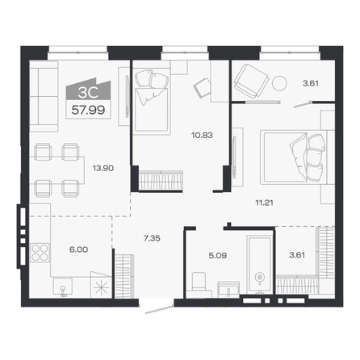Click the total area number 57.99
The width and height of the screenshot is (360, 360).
coord(88,110)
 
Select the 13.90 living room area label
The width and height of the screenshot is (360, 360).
coord(103,169)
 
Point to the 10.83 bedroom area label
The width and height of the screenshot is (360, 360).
coord(202,135)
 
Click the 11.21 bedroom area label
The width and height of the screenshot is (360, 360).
coord(264,203)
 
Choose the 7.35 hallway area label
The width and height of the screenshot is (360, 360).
coord(152,238)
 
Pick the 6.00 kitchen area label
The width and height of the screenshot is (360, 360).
coord(78,249)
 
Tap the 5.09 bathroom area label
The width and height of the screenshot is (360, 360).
coord(218,255)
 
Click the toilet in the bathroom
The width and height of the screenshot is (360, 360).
coord(199,282)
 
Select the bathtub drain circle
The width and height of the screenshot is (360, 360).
coord(259,277)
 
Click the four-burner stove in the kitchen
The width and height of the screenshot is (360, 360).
coord(40,253)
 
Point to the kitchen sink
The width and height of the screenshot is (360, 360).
coord(63,287)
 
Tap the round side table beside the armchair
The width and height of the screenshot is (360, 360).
coord(279,83)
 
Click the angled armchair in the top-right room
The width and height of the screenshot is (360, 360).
coord(251,80)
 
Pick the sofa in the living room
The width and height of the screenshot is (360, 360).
coord(44,96)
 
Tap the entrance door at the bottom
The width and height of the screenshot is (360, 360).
coord(159,308)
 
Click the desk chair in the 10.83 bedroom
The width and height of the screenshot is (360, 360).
coord(202,88)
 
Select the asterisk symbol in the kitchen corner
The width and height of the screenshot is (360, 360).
coord(101,288)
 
